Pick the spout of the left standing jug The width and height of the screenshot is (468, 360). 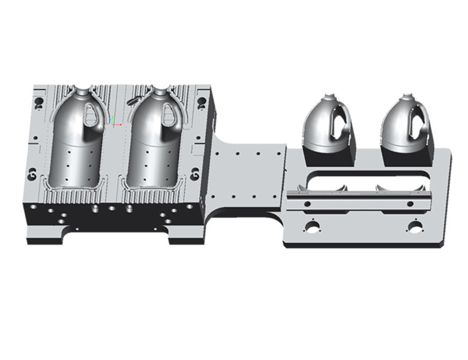tap(326, 99)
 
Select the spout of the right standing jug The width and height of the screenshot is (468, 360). tap(405, 99)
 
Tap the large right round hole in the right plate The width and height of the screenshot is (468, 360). tap(414, 227)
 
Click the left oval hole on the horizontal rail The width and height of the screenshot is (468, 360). tap(307, 204)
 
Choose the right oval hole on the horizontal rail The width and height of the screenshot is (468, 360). tap(410, 203)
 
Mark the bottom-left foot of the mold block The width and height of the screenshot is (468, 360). tap(44, 236)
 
